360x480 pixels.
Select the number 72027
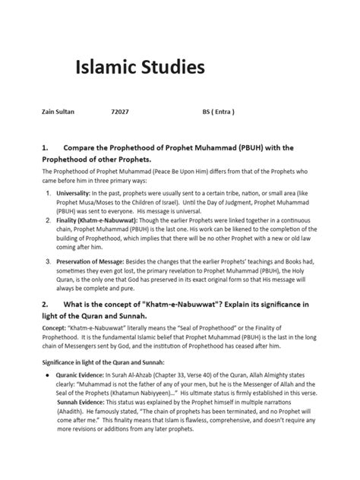tap(120, 111)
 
